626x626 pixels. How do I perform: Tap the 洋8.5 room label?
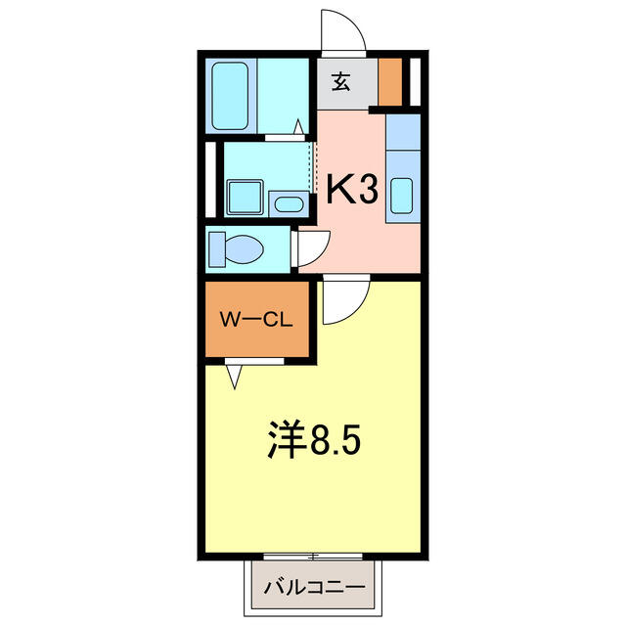314,439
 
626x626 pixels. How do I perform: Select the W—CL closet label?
256,320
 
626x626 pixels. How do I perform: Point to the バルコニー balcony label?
314,587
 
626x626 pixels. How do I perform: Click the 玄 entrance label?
341,82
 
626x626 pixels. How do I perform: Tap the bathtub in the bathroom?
230,96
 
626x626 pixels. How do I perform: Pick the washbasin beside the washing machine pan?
289,204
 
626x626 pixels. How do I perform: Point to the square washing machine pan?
245,198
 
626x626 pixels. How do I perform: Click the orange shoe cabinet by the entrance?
390,82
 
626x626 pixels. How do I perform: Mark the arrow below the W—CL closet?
234,377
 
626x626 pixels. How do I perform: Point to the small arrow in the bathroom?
298,126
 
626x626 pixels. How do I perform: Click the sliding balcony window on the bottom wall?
313,557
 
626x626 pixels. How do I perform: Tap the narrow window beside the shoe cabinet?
415,82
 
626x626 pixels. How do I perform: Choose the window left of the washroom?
210,180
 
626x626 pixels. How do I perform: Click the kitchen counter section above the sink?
403,132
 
